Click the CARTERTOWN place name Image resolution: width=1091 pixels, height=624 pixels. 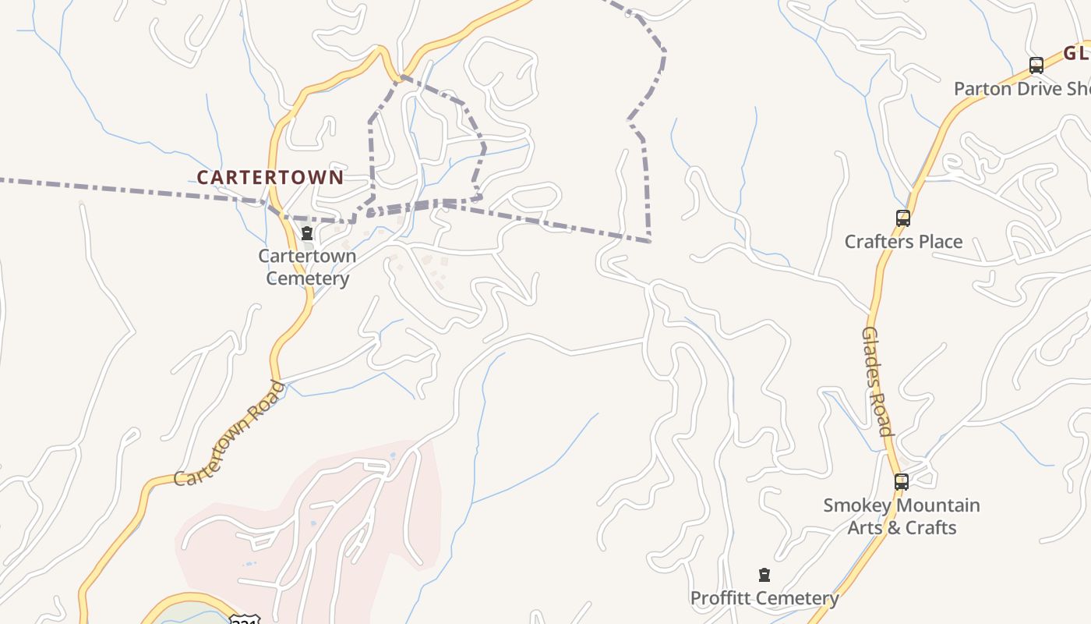click(270, 177)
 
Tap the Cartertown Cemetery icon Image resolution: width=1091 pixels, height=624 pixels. click(307, 233)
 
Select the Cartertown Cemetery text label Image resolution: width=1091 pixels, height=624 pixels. click(308, 267)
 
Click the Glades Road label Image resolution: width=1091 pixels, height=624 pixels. click(877, 381)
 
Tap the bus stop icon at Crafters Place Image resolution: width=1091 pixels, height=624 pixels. click(903, 218)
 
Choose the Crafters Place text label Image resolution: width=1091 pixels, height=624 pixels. click(903, 242)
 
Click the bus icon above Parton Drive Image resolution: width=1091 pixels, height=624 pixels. click(1036, 66)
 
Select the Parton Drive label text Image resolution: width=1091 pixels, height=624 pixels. click(1021, 89)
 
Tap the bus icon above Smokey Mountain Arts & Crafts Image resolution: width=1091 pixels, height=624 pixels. click(902, 482)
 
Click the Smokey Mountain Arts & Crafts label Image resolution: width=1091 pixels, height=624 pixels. click(902, 516)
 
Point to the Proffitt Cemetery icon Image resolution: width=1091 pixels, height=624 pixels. click(764, 575)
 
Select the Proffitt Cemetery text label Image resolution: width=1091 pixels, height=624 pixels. click(764, 598)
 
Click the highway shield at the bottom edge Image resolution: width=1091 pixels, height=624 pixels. click(244, 620)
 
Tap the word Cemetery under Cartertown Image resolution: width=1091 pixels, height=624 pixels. click(308, 278)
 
